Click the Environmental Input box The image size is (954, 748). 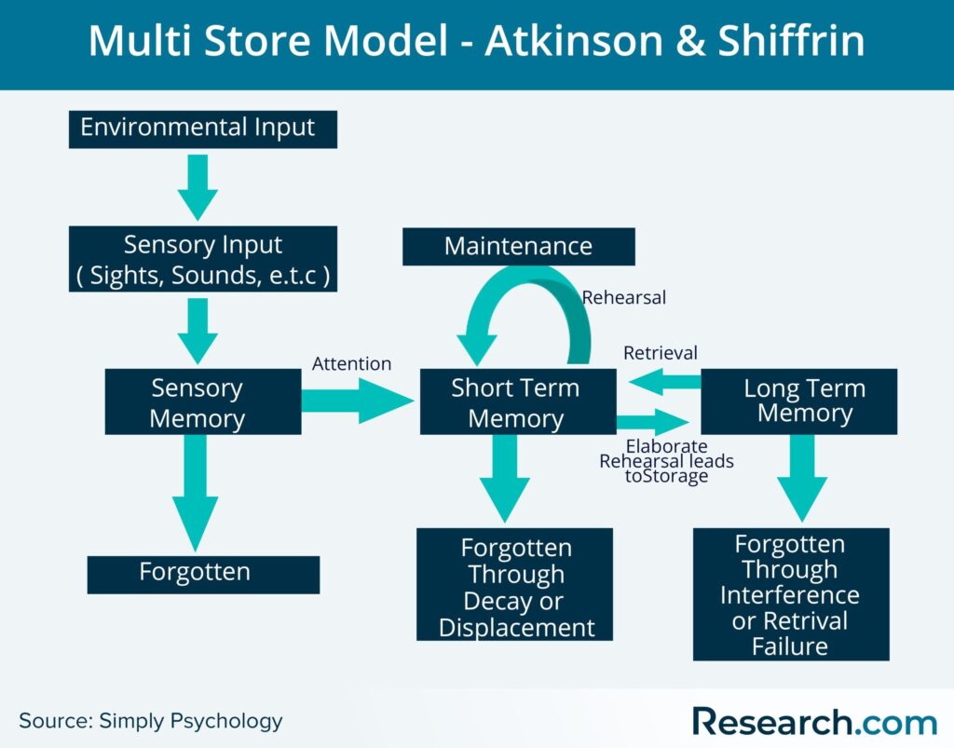click(202, 129)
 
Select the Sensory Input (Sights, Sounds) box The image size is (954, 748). click(202, 260)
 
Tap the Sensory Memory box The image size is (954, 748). click(202, 401)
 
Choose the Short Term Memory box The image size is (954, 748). click(517, 401)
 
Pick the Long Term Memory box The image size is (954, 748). click(798, 401)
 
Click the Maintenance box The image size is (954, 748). click(518, 247)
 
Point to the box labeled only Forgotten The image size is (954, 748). click(202, 574)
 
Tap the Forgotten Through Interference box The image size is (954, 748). click(791, 594)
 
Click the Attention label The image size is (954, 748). click(351, 363)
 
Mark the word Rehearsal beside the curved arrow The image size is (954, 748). click(623, 298)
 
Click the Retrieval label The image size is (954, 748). click(660, 353)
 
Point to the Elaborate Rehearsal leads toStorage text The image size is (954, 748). click(666, 461)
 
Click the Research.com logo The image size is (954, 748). click(813, 721)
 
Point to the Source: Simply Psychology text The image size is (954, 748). click(150, 720)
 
